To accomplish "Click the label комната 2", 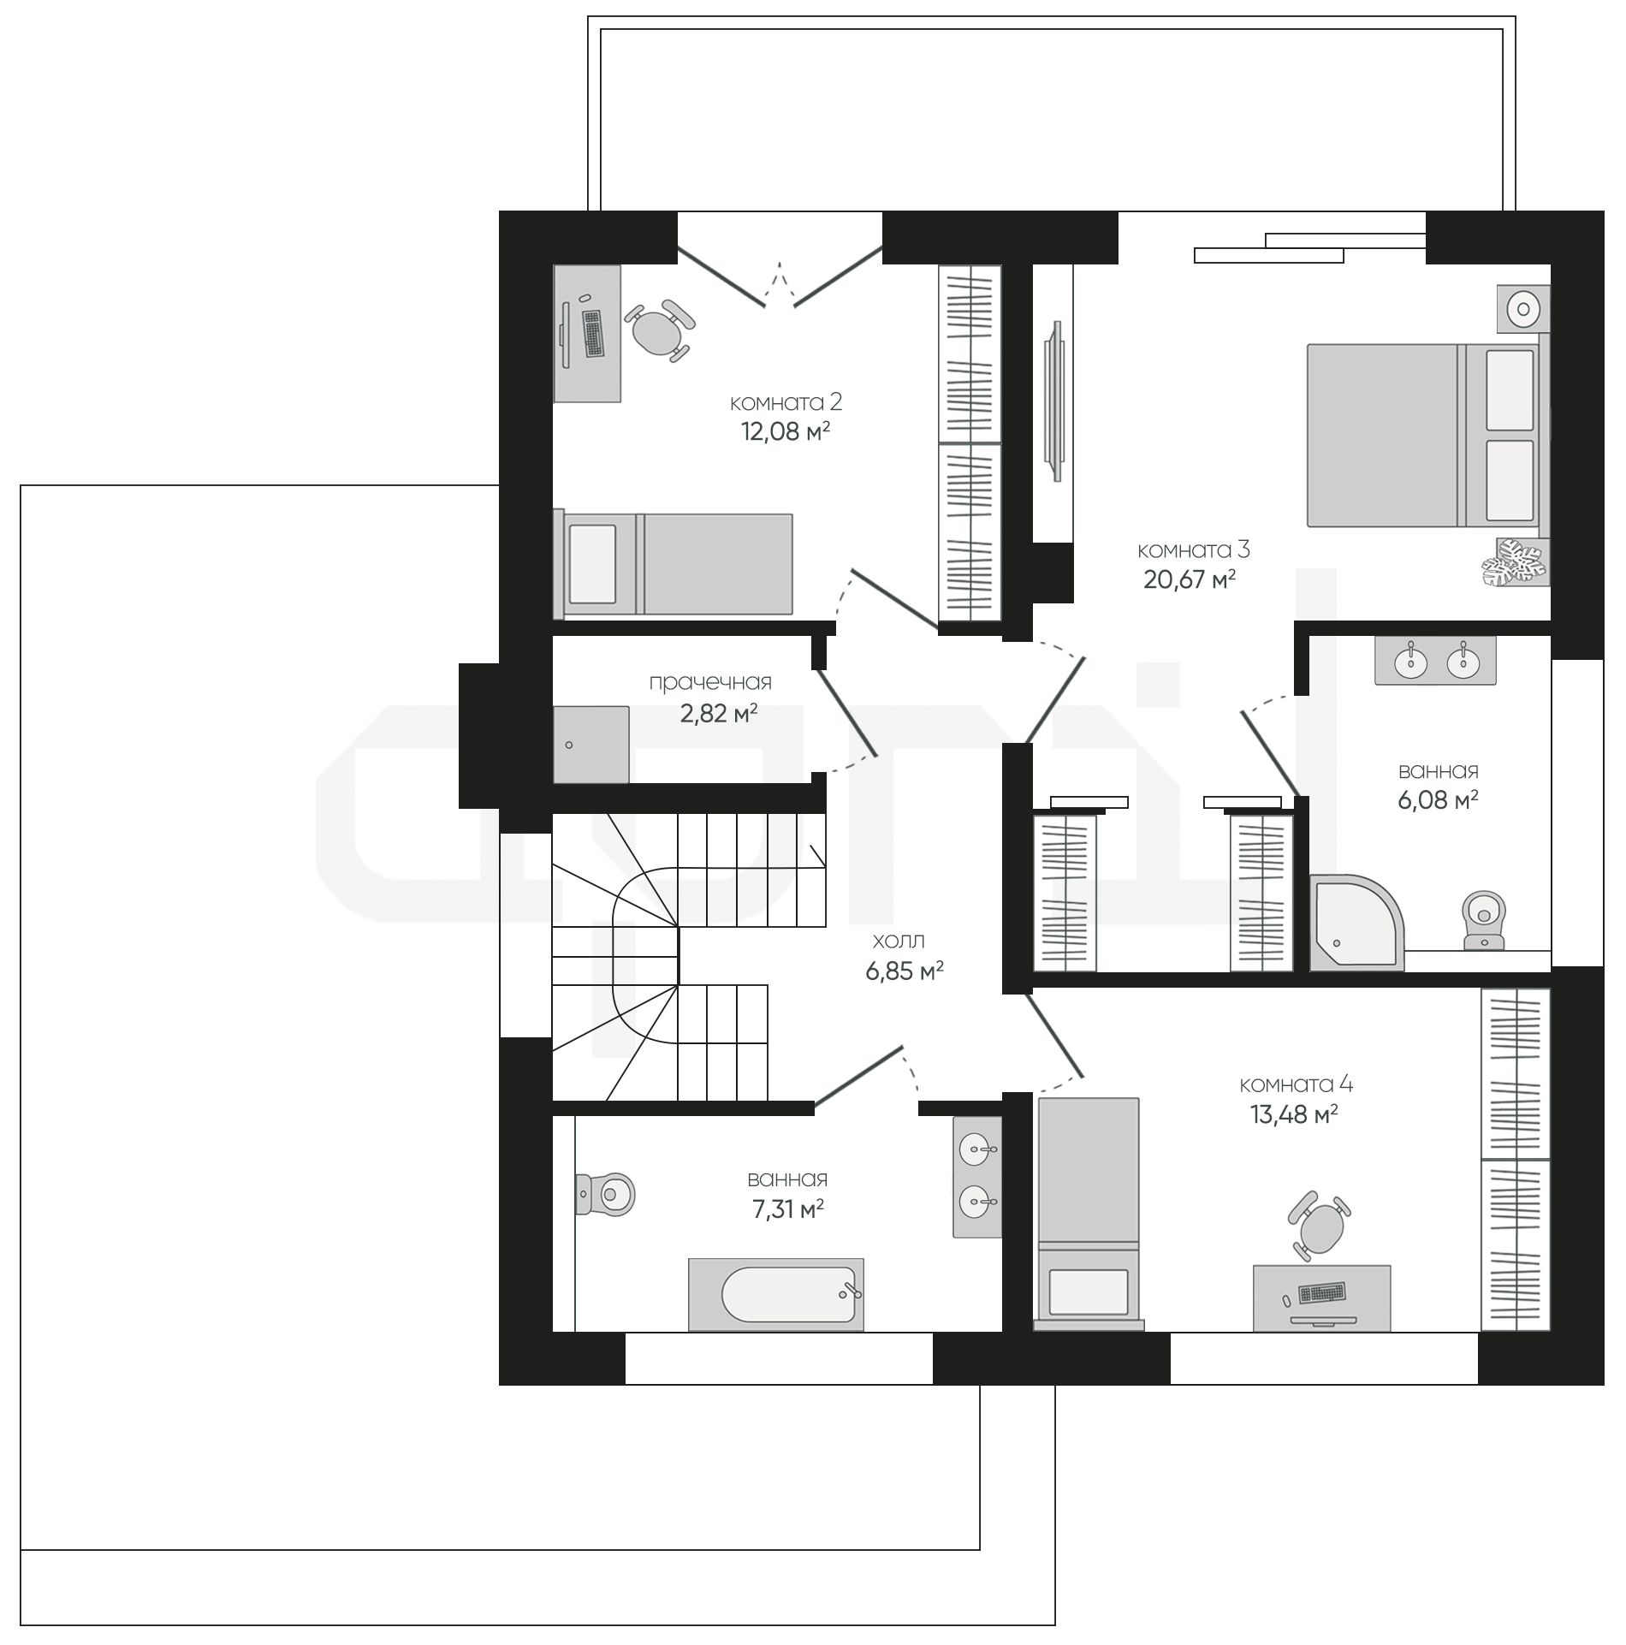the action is pyautogui.click(x=786, y=401).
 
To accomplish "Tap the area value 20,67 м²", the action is pyautogui.click(x=1190, y=579).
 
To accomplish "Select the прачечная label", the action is pyautogui.click(x=710, y=682).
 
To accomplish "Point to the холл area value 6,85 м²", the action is pyautogui.click(x=905, y=971).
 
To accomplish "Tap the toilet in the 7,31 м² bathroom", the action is pyautogui.click(x=605, y=1191).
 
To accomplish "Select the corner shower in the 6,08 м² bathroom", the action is pyautogui.click(x=1356, y=922).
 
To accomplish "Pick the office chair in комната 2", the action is pyautogui.click(x=659, y=330).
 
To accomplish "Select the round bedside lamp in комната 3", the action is pyautogui.click(x=1523, y=308).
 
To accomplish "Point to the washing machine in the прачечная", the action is pyautogui.click(x=591, y=744).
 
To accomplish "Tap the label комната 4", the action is pyautogui.click(x=1296, y=1084).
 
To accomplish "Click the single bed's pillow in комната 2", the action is pyautogui.click(x=593, y=564).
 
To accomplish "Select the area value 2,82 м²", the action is pyautogui.click(x=719, y=712).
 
